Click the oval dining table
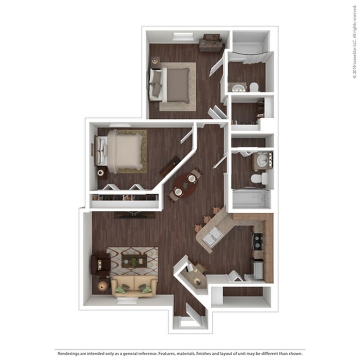click(185, 185)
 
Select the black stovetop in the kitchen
click(258, 241)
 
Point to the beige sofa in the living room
click(134, 287)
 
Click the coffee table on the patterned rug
click(134, 261)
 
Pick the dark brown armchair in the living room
click(100, 264)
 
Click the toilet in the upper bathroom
click(254, 87)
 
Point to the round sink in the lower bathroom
click(262, 160)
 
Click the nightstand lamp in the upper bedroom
click(155, 61)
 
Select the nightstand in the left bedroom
click(102, 173)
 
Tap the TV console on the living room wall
click(134, 215)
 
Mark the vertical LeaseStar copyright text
click(355, 41)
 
